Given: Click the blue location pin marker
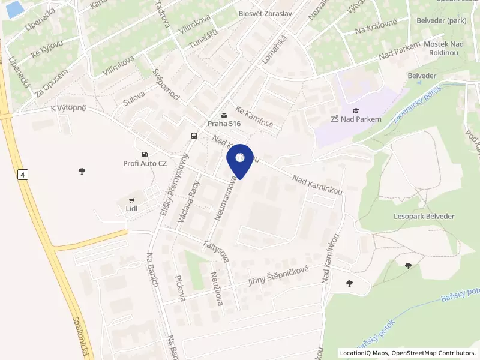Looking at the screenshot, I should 240,160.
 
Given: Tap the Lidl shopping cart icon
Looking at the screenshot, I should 131,200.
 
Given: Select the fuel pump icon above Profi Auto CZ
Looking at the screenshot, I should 145,154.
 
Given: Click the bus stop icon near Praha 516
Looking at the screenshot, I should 194,136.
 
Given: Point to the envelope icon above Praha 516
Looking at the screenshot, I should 224,115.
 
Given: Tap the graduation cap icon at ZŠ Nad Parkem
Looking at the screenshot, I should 356,110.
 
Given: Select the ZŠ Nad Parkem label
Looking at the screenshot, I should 356,119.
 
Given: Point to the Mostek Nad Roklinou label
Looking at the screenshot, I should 445,48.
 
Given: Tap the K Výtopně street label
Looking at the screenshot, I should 68,108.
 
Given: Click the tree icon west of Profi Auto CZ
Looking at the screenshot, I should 82,171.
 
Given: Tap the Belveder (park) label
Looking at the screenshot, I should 442,20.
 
